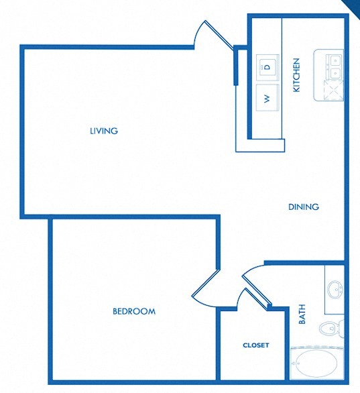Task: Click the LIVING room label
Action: tap(104, 131)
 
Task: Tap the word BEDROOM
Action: tap(134, 311)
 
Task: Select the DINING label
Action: tap(304, 207)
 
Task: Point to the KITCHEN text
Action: tap(296, 75)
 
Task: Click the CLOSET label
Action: tap(256, 345)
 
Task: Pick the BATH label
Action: tap(302, 315)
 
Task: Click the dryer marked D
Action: tap(267, 66)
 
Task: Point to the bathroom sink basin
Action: tap(335, 290)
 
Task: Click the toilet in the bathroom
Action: tap(329, 329)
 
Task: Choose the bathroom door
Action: tap(253, 275)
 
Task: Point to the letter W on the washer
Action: tap(267, 99)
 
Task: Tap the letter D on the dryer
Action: tap(267, 66)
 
